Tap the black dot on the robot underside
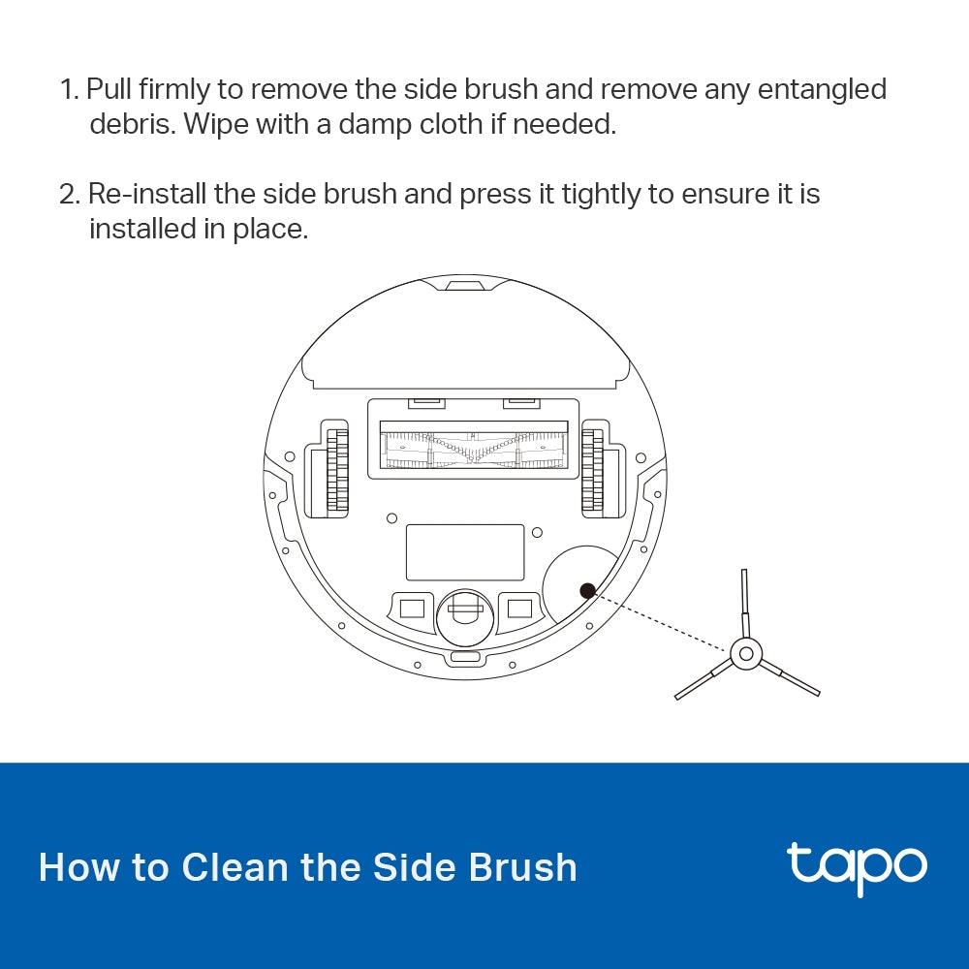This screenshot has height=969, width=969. click(586, 590)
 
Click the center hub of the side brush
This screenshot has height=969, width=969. click(745, 654)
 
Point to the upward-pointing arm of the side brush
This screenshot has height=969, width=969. click(743, 602)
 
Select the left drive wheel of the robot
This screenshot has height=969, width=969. click(336, 469)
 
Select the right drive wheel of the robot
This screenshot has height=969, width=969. click(592, 469)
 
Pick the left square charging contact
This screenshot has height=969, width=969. click(412, 608)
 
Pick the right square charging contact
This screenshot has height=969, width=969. click(520, 608)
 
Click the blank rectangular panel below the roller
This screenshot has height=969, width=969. click(464, 552)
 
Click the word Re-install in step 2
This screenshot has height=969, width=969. click(146, 194)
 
